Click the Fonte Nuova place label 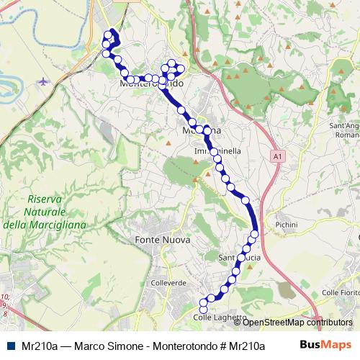pyautogui.click(x=161, y=239)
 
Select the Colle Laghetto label pyautogui.click(x=220, y=318)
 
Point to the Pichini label pyautogui.click(x=286, y=225)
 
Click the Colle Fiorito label pyautogui.click(x=339, y=292)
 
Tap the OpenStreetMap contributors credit pyautogui.click(x=297, y=323)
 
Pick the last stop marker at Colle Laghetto pyautogui.click(x=202, y=309)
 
